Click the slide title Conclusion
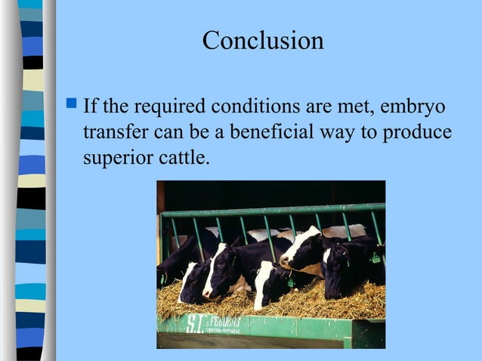[263, 40]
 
